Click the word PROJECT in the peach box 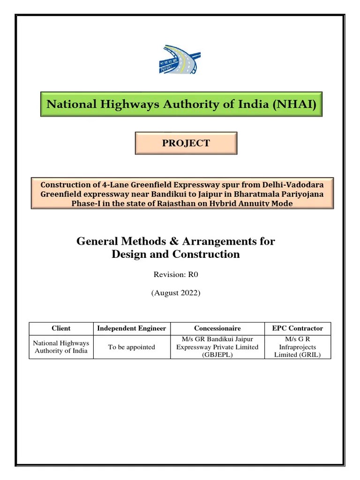186,143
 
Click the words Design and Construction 176,254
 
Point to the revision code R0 193,275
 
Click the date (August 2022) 176,292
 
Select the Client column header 61,329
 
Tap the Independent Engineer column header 131,329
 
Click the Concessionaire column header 217,329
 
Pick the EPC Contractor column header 297,329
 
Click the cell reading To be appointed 131,347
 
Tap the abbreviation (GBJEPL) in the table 217,355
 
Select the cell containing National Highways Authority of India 61,347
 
